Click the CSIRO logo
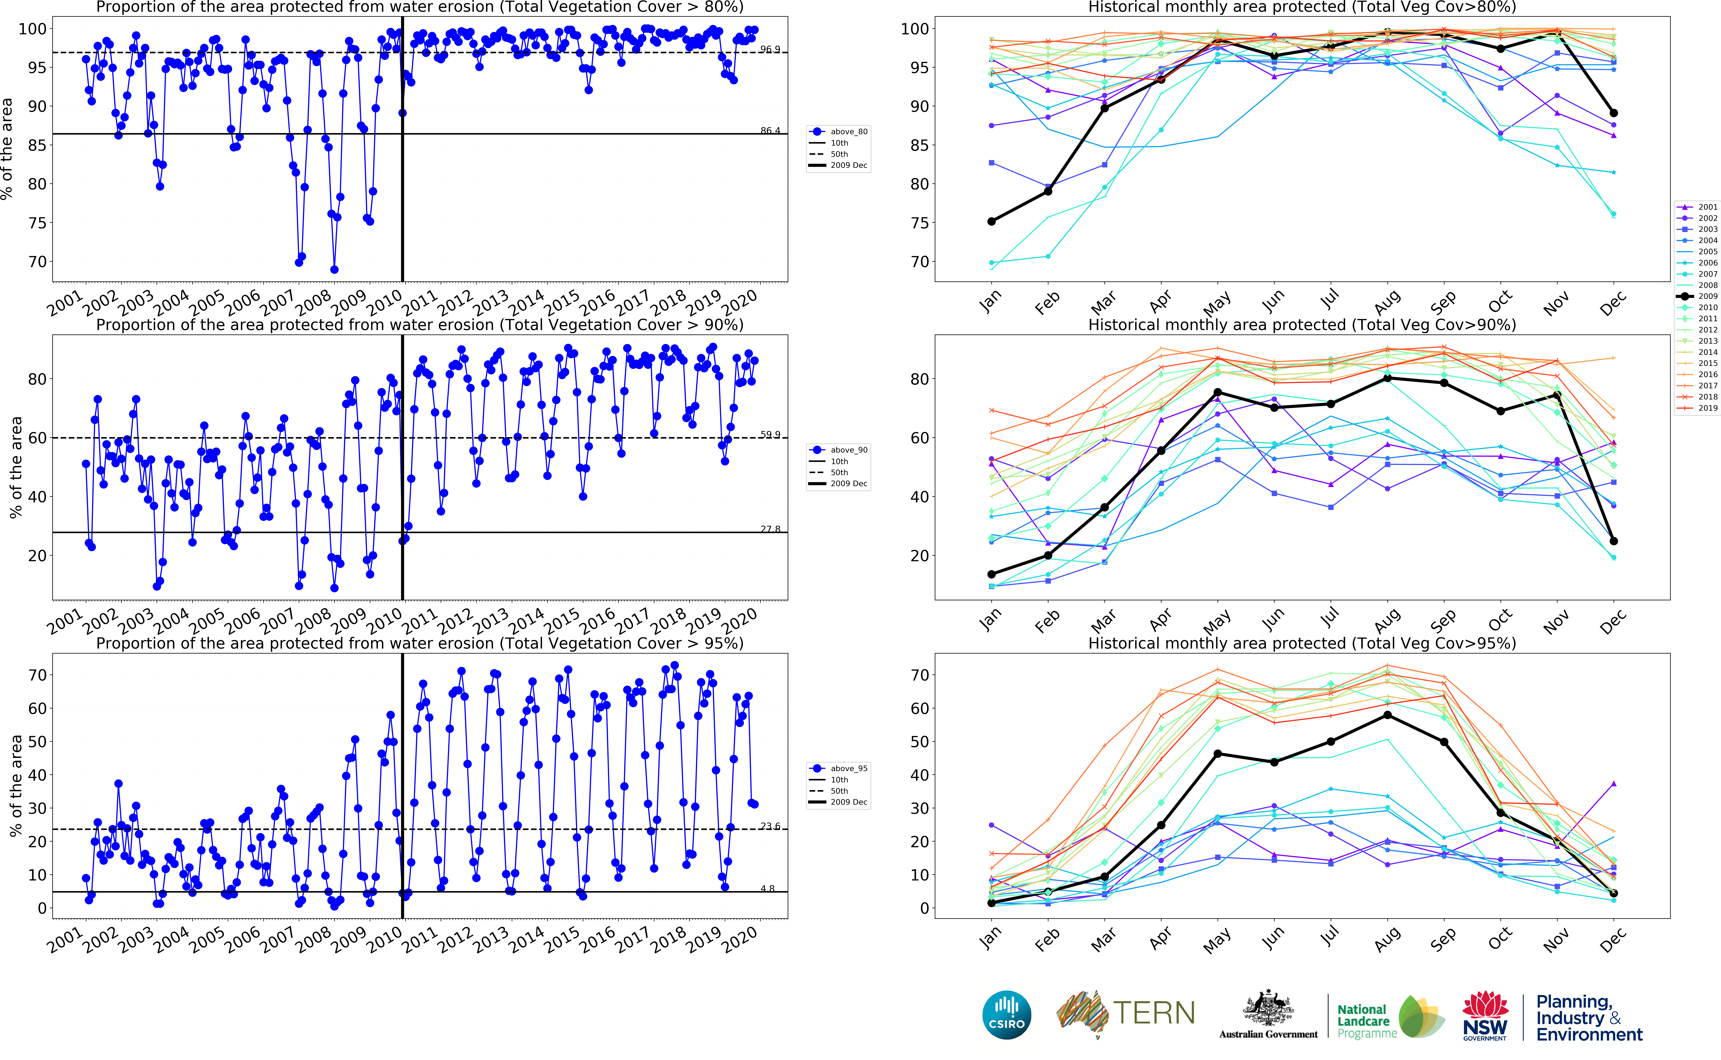(1007, 1014)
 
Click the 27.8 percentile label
(770, 529)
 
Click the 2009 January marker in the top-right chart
(991, 222)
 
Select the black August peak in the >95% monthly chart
(1387, 715)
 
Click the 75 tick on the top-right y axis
(915, 223)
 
